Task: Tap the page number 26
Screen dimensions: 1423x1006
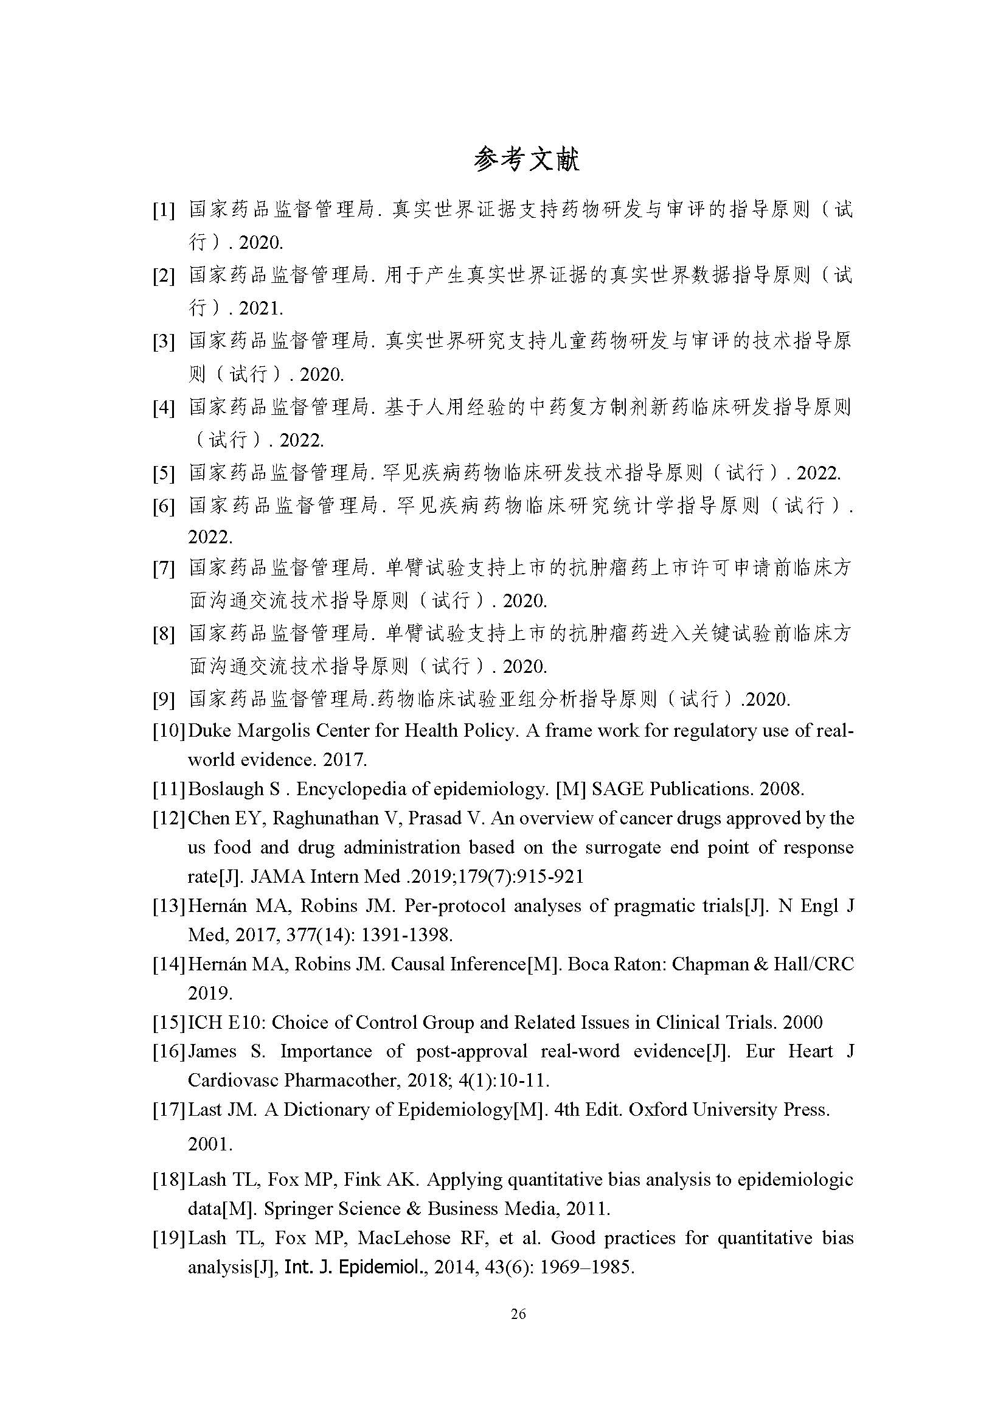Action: click(x=518, y=1313)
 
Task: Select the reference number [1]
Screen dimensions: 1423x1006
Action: click(x=164, y=210)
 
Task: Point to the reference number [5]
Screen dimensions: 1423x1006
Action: click(x=164, y=473)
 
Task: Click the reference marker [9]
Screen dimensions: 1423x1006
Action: click(x=164, y=700)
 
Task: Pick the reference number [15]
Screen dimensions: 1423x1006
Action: click(x=168, y=1022)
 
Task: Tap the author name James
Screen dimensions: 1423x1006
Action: click(x=212, y=1051)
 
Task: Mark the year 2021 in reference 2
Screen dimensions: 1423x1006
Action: click(x=261, y=308)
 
